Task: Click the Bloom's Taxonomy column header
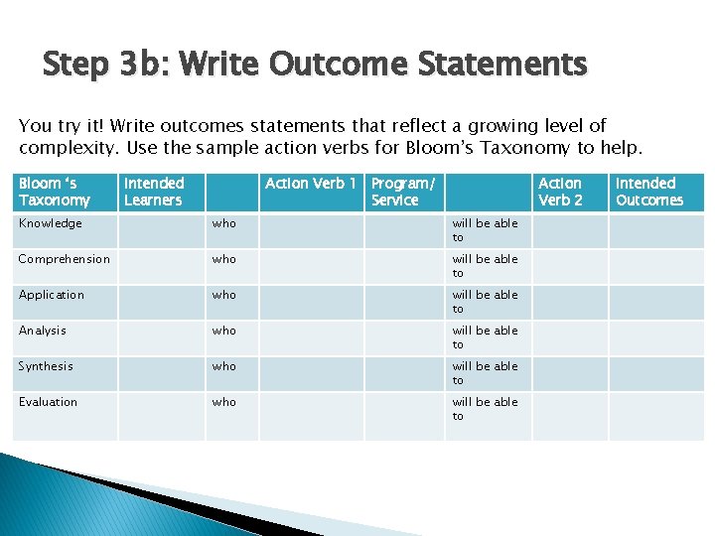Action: (x=55, y=192)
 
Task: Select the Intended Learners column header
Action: (x=154, y=192)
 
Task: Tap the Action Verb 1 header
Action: (x=311, y=184)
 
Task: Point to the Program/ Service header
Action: (x=403, y=192)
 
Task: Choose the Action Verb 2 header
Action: (x=560, y=192)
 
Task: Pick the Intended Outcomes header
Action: (x=649, y=192)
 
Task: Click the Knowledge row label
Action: (x=51, y=224)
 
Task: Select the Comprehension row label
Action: (x=65, y=260)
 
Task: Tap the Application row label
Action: (x=52, y=296)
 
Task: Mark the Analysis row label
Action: (x=43, y=332)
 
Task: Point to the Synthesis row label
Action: (x=46, y=367)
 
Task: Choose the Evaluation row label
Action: (x=48, y=403)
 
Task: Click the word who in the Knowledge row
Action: (x=224, y=224)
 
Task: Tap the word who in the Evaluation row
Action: (x=224, y=403)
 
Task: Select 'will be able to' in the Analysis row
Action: (x=485, y=337)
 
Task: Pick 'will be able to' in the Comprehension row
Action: (x=485, y=266)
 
